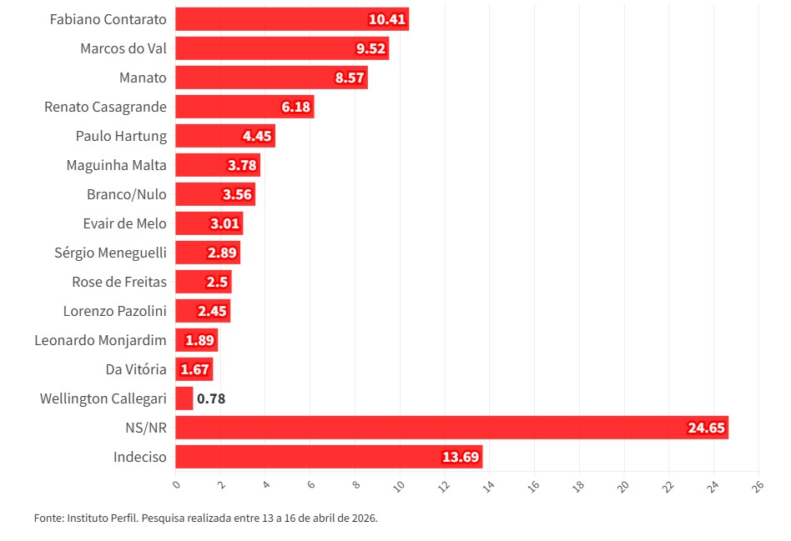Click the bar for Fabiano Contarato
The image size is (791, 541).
292,19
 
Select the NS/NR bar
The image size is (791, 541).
451,428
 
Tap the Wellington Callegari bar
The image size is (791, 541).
184,398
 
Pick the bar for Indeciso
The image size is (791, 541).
329,457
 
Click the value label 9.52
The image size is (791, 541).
370,48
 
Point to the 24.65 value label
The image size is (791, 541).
707,428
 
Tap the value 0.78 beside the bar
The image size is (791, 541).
211,398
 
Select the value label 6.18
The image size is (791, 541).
296,107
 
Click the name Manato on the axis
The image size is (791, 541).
143,78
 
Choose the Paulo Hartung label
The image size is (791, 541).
121,136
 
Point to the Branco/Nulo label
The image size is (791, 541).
127,194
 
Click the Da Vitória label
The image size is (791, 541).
136,369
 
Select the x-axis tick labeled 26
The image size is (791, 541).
756,484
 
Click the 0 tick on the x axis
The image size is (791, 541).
176,484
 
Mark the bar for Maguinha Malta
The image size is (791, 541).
218,165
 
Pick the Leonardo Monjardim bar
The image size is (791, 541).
196,340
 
